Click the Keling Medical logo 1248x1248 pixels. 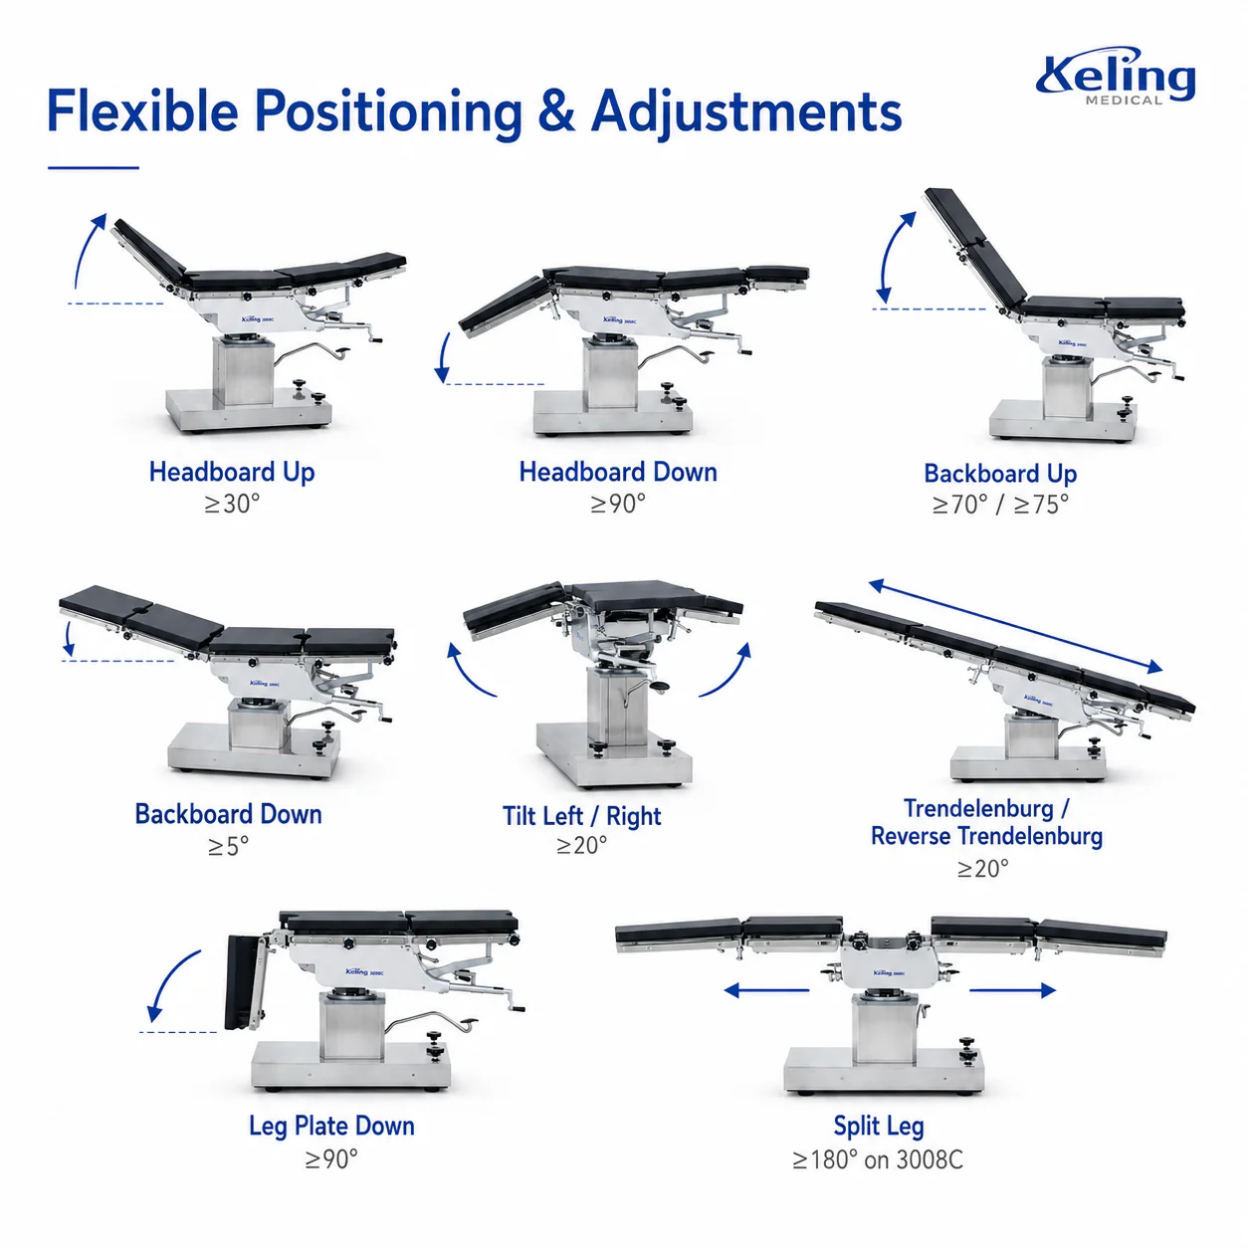tap(1115, 76)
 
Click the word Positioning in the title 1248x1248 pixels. tap(388, 112)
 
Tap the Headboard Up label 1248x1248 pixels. tap(232, 472)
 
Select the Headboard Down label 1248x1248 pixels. tap(618, 472)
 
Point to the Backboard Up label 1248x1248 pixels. tap(1000, 474)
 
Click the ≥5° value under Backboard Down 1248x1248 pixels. tap(228, 846)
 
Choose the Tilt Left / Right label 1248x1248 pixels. tap(581, 815)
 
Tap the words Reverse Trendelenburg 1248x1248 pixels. tap(985, 835)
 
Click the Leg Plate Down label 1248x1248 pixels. tap(331, 1127)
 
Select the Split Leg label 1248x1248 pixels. tap(878, 1127)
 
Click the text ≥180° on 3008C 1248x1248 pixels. tap(878, 1159)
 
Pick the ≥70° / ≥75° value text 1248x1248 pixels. tap(1000, 505)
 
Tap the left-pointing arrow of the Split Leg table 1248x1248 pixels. tap(766, 990)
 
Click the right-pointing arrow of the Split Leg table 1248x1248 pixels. tap(1012, 990)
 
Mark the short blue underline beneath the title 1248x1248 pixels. tap(94, 168)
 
